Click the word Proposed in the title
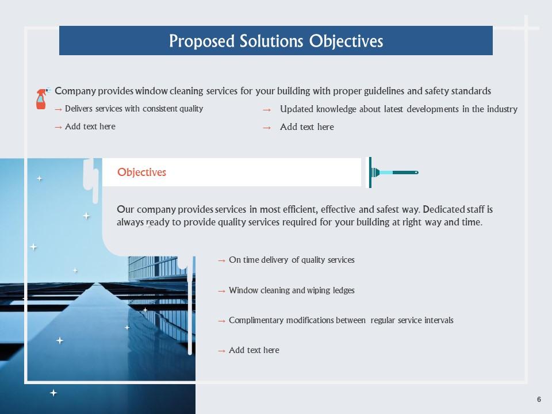click(x=202, y=41)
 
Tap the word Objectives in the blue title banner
click(x=346, y=41)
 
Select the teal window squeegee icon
click(x=393, y=172)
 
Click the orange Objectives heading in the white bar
click(x=141, y=172)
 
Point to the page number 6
click(x=539, y=399)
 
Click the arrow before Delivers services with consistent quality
click(x=59, y=109)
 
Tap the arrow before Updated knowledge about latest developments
click(x=267, y=110)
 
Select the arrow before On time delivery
click(x=221, y=261)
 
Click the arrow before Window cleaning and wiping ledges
click(x=221, y=291)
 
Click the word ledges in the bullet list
click(x=344, y=290)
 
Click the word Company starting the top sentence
click(x=75, y=91)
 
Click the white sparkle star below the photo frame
click(x=53, y=393)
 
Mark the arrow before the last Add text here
click(x=221, y=351)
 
